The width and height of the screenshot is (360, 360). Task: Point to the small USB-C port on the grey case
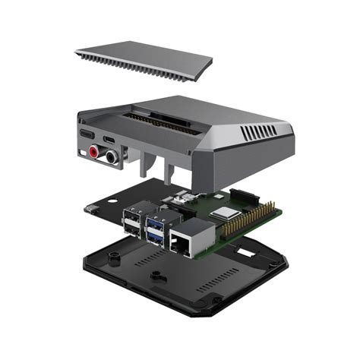(x=112, y=141)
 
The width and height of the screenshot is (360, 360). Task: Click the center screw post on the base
(x=156, y=275)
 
